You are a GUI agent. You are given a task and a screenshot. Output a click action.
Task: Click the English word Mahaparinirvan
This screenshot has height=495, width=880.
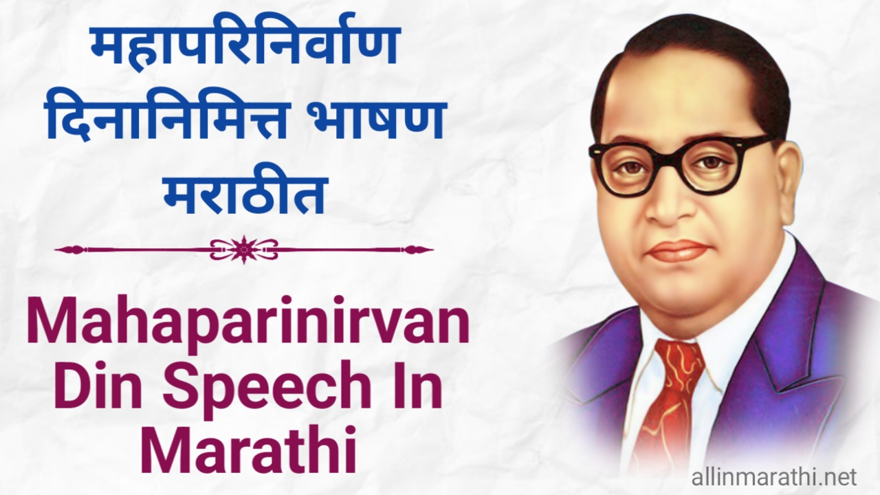tap(248, 329)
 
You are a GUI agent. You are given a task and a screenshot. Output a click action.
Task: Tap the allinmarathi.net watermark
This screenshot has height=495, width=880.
tap(774, 478)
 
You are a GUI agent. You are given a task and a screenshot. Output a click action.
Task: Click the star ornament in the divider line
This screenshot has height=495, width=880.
tap(244, 249)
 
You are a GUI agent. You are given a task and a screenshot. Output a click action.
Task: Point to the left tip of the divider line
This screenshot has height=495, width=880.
tap(55, 250)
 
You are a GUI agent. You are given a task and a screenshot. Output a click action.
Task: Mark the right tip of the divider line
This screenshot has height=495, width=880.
tap(433, 250)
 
